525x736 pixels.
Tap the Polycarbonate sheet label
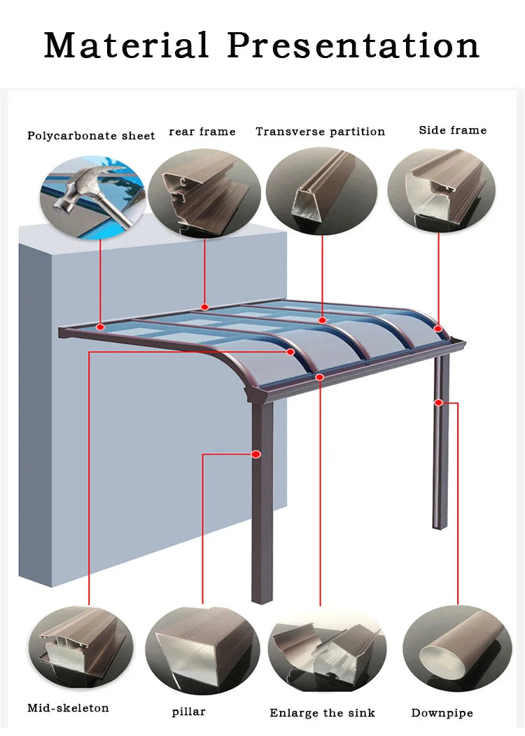pos(91,136)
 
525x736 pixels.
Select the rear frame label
pos(202,132)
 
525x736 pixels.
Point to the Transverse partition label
pos(321,132)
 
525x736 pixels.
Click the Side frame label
pos(453,130)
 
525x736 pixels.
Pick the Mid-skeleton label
pos(68,707)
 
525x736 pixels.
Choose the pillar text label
pos(189,712)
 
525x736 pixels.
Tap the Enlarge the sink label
pos(323,712)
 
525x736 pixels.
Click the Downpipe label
pos(442,713)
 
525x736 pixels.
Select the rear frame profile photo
pos(204,193)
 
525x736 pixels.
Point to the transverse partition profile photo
pos(322,191)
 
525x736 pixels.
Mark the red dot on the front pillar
pos(256,454)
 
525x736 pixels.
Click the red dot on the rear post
pos(438,402)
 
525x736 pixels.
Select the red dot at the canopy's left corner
pos(100,327)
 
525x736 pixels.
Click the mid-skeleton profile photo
pos(80,648)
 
